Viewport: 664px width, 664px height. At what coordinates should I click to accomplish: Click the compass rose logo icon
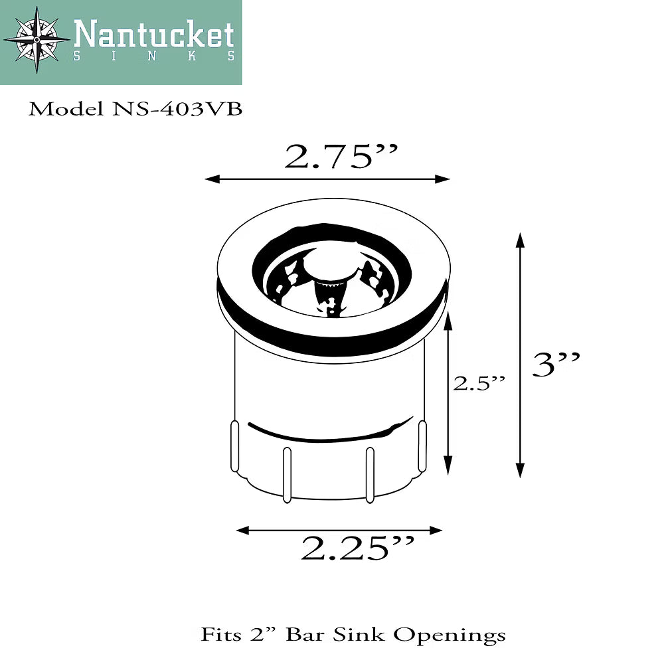pyautogui.click(x=37, y=40)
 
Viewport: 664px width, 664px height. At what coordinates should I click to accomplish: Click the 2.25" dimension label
pyautogui.click(x=357, y=548)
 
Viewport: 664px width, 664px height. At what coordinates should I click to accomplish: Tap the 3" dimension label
pyautogui.click(x=556, y=365)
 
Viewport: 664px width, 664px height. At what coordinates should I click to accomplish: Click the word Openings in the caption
pyautogui.click(x=450, y=635)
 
